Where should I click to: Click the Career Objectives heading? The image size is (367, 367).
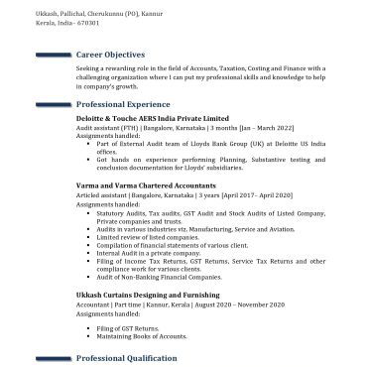tap(110, 55)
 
